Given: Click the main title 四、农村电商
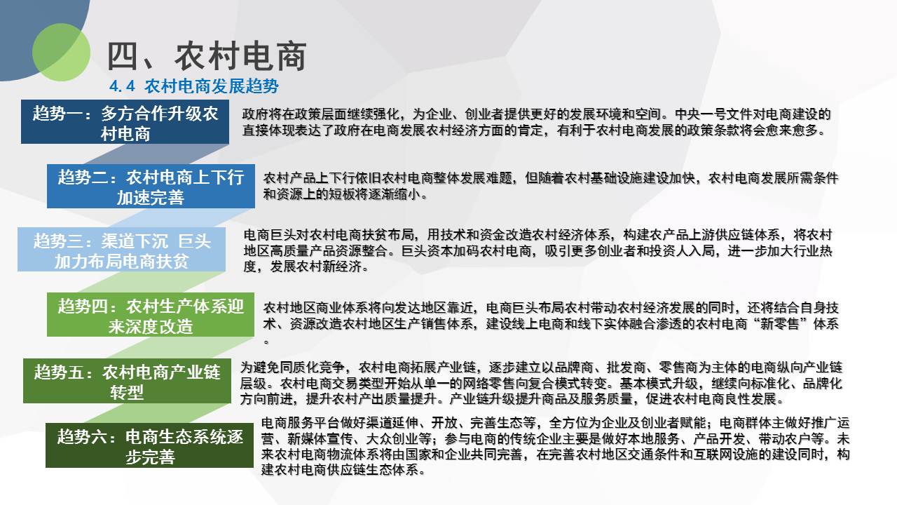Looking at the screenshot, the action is point(207,57).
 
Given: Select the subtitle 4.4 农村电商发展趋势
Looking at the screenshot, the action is point(194,86).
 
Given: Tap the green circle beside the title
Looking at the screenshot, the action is point(61,52).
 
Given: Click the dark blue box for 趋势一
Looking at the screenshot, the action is point(125,122).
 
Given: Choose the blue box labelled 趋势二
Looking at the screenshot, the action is point(151,186).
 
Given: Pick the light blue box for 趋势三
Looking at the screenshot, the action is point(121,249).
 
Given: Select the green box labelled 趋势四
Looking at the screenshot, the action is point(151,315).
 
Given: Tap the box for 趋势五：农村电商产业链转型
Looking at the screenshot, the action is point(127,381).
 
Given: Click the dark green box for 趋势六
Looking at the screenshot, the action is point(149,445).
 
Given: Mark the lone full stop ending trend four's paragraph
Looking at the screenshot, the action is point(266,342).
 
